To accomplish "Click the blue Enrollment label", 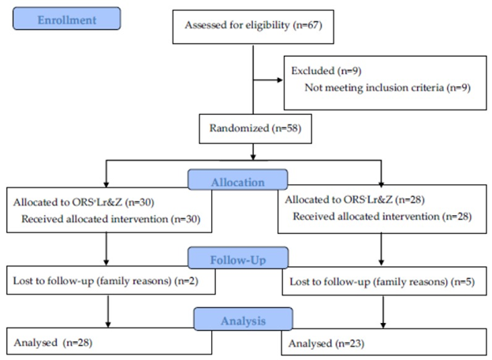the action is tap(67, 18).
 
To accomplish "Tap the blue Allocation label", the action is tap(237, 180).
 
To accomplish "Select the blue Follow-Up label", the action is tap(238, 258).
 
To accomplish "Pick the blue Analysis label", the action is tap(243, 319).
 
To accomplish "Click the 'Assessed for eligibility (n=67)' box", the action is tap(253, 27).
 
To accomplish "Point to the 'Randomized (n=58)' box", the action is tap(255, 129).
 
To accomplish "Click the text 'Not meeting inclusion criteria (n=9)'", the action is tap(387, 87).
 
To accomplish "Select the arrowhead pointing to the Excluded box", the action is tap(280, 80).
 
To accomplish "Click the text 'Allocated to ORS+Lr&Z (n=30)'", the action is tap(84, 202).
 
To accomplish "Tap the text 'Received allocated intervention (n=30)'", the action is tap(110, 219).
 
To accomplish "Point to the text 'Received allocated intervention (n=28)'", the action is tap(382, 217).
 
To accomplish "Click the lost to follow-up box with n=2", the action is tap(111, 280).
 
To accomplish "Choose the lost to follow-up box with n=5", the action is tap(385, 281).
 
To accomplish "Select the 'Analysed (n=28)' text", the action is tap(53, 343).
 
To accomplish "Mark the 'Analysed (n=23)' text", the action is tap(326, 343).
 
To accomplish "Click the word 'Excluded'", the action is tap(312, 71).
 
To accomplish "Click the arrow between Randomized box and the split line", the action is tap(253, 152).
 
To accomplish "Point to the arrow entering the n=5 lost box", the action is tap(382, 250).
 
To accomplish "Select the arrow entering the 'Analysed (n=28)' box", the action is tap(108, 311).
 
